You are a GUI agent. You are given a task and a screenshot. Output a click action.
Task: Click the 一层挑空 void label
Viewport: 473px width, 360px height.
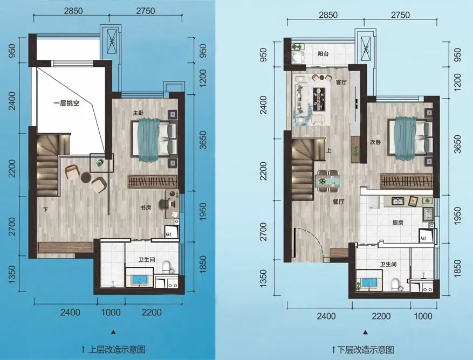(66, 103)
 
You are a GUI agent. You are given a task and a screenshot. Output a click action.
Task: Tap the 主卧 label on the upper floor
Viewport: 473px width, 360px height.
(138, 113)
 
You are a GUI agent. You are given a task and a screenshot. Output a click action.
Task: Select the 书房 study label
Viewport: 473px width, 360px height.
(146, 207)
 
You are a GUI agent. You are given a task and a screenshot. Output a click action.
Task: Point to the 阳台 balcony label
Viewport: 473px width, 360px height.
(323, 54)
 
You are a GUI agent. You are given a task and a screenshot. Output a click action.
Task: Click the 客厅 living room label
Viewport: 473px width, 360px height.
(341, 82)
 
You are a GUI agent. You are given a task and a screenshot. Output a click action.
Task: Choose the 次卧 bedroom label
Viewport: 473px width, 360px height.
(375, 142)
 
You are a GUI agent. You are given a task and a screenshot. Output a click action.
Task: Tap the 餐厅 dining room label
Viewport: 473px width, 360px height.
(338, 202)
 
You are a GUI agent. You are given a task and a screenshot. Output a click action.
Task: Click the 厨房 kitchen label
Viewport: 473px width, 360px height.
(398, 223)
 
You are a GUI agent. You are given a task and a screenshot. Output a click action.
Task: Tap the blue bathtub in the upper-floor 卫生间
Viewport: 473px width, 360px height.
(139, 280)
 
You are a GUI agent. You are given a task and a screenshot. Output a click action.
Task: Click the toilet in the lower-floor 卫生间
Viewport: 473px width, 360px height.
(395, 285)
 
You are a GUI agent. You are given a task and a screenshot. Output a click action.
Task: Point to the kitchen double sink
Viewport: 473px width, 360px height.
(399, 200)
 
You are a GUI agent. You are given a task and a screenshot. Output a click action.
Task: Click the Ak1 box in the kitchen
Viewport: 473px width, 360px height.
(424, 235)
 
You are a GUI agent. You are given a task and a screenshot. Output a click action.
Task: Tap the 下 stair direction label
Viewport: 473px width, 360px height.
(45, 210)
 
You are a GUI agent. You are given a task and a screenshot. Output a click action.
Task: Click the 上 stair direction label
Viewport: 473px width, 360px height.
(328, 150)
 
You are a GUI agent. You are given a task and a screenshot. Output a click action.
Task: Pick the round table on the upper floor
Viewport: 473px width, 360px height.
(86, 177)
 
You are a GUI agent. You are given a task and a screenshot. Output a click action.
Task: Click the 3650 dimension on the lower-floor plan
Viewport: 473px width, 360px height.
(457, 144)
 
